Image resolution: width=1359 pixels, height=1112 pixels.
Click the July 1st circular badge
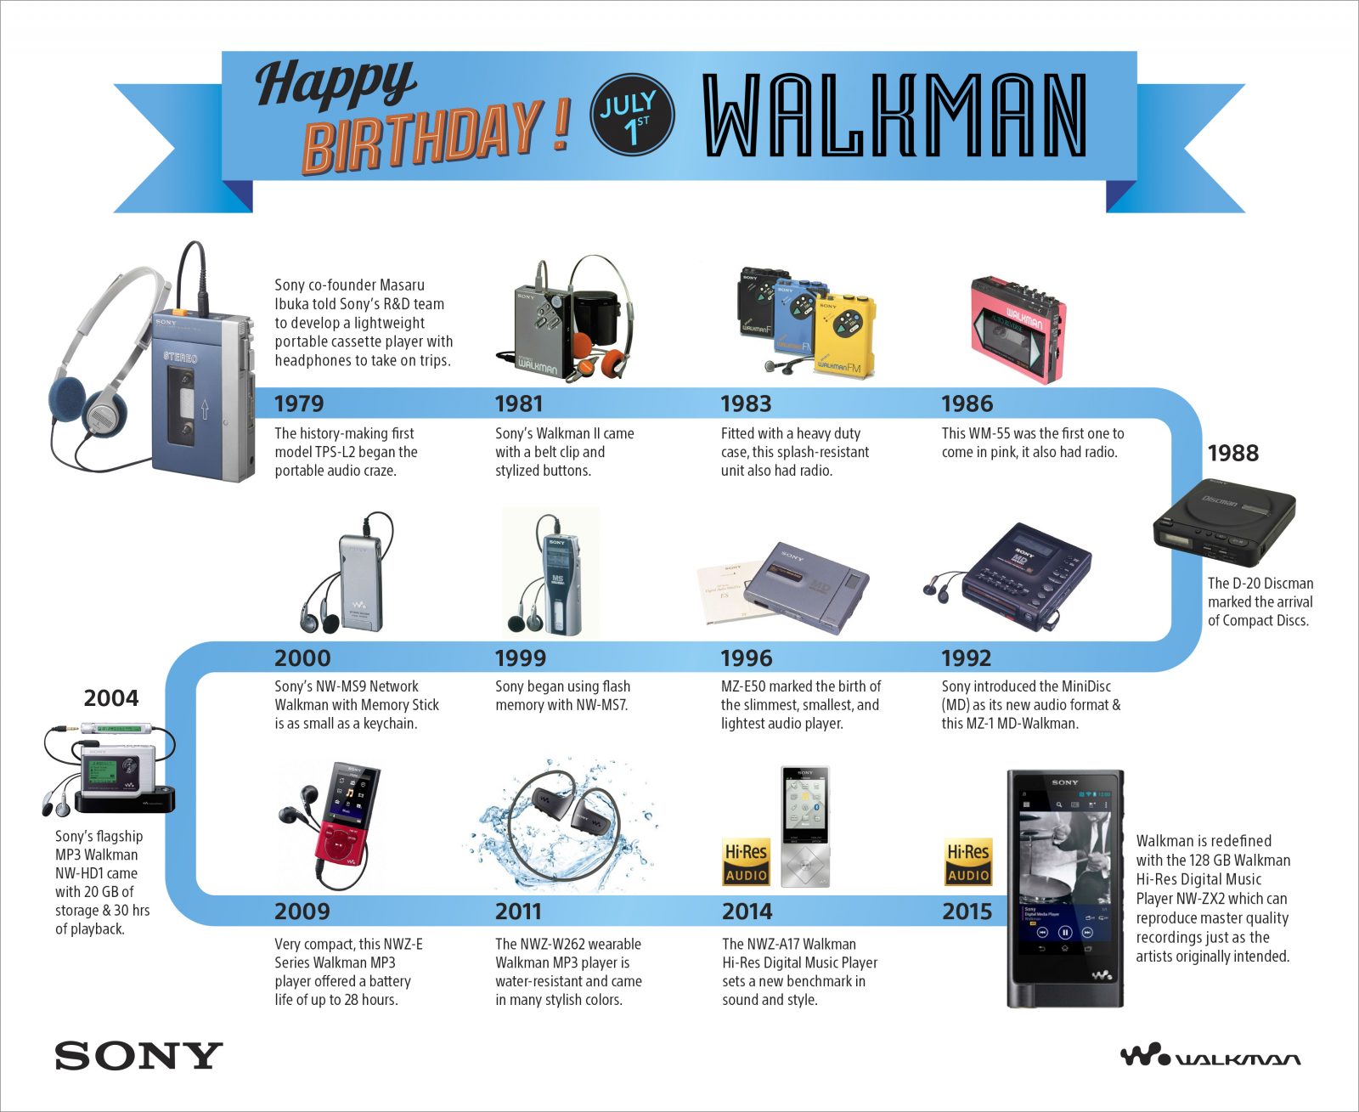[x=632, y=114]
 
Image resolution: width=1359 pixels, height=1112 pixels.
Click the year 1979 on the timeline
[x=299, y=404]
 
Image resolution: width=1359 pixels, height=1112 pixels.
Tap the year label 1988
[x=1232, y=453]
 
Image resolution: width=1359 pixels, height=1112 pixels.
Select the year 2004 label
[x=110, y=698]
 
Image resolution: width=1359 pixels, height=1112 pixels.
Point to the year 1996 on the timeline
[x=746, y=658]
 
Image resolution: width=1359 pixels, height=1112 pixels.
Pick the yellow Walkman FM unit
[x=844, y=336]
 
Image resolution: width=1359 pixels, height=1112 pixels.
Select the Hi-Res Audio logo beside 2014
[x=746, y=862]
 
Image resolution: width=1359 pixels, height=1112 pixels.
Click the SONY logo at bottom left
[x=138, y=1056]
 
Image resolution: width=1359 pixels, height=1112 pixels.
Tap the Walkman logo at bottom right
[x=1210, y=1056]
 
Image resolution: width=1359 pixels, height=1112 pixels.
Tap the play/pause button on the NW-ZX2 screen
[x=1065, y=932]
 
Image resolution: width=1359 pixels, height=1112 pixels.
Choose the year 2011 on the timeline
[x=518, y=912]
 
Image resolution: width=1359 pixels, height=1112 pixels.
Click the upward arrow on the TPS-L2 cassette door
[x=204, y=409]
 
